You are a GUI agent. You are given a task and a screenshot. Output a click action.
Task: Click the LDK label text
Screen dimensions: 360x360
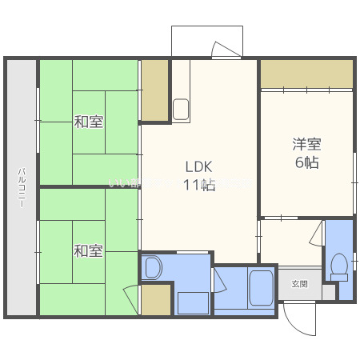[199, 167]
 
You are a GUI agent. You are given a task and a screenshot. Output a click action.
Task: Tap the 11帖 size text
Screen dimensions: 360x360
[199, 186]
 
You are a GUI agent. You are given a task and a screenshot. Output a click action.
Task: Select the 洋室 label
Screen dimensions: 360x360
[306, 144]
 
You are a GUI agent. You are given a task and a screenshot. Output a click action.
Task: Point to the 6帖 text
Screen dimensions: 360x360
[306, 162]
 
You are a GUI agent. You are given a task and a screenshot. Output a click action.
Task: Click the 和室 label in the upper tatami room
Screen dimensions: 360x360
[88, 122]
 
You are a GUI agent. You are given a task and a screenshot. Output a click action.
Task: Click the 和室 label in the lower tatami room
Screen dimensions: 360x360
[88, 251]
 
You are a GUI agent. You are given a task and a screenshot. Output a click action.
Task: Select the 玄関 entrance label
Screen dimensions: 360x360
[299, 283]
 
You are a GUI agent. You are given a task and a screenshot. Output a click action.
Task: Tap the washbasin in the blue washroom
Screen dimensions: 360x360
[154, 267]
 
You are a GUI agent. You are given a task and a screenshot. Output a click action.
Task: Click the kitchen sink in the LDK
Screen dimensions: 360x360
[181, 107]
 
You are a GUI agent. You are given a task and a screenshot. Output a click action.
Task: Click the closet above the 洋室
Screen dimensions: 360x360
[306, 74]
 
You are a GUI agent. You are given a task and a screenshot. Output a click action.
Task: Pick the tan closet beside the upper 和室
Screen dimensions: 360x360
[154, 90]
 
